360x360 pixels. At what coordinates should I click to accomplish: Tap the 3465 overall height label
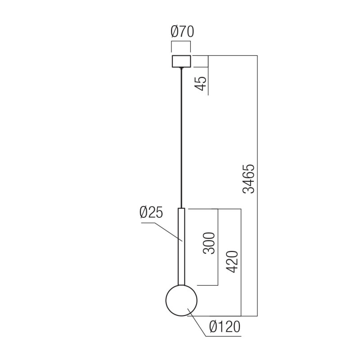pos(249,179)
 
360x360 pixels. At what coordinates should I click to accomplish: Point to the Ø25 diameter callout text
pos(151,213)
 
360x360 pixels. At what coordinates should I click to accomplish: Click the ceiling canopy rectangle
pos(181,61)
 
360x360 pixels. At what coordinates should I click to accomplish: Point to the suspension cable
pos(181,135)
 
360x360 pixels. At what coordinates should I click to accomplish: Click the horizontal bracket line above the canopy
pos(181,42)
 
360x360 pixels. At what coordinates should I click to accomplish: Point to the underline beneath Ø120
pos(225,336)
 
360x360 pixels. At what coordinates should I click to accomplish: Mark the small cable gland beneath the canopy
pos(181,68)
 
